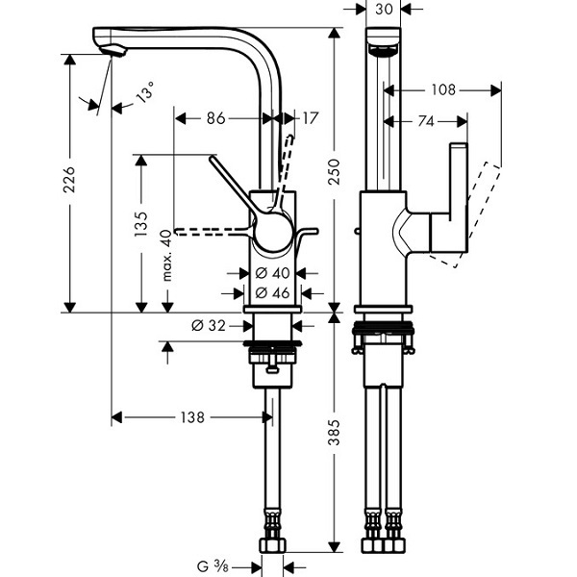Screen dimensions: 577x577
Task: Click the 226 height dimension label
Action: tap(69, 180)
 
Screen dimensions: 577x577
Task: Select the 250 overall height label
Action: tap(334, 172)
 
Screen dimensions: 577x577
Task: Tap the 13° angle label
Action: tap(145, 92)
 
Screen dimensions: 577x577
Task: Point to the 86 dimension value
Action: tap(215, 118)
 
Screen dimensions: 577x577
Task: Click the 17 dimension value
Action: tap(310, 118)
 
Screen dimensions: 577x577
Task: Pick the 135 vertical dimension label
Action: tap(141, 224)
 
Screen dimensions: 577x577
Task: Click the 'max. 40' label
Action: tap(166, 256)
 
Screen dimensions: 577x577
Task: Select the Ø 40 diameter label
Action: tap(273, 273)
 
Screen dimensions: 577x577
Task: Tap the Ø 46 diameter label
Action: tap(273, 293)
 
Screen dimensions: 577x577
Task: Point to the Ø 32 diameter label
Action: tap(209, 326)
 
